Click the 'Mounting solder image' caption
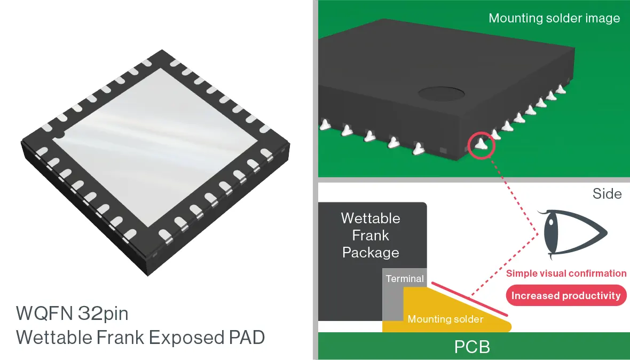coord(554,18)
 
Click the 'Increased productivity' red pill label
coord(566,295)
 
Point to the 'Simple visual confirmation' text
coord(566,273)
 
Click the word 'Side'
coord(607,193)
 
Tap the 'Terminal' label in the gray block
coord(405,278)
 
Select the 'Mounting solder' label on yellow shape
coord(445,319)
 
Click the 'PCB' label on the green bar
coord(472,347)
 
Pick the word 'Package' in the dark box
coord(371,252)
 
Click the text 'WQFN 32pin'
coord(72,313)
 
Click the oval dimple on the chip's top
coord(441,95)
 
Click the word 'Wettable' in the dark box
coord(371,218)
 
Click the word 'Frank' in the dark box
coord(371,235)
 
